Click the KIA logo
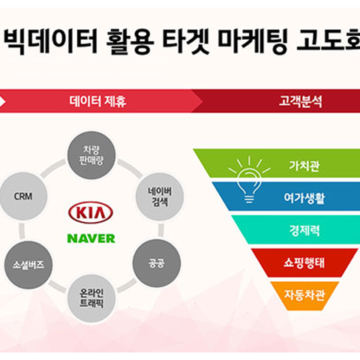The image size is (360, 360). [91, 212]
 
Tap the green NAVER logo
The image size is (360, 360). [91, 238]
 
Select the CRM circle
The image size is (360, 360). [23, 196]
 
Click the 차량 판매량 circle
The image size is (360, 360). [91, 155]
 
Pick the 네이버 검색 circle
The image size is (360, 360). [160, 196]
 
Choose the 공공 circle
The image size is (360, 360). [157, 263]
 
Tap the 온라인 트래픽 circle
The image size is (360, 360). [91, 298]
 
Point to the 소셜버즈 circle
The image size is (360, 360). [28, 265]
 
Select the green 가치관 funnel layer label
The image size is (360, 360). [304, 166]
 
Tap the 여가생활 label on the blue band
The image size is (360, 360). [304, 198]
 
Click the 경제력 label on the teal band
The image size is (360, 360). [304, 230]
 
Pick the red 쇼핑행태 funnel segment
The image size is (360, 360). [304, 262]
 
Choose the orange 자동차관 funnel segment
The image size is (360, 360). [304, 295]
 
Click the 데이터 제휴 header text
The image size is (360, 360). [97, 101]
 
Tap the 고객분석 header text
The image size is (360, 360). [301, 101]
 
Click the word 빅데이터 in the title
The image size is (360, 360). [50, 41]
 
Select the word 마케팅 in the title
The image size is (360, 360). [253, 41]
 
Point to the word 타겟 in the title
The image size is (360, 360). [185, 41]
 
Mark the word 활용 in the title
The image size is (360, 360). [130, 41]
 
